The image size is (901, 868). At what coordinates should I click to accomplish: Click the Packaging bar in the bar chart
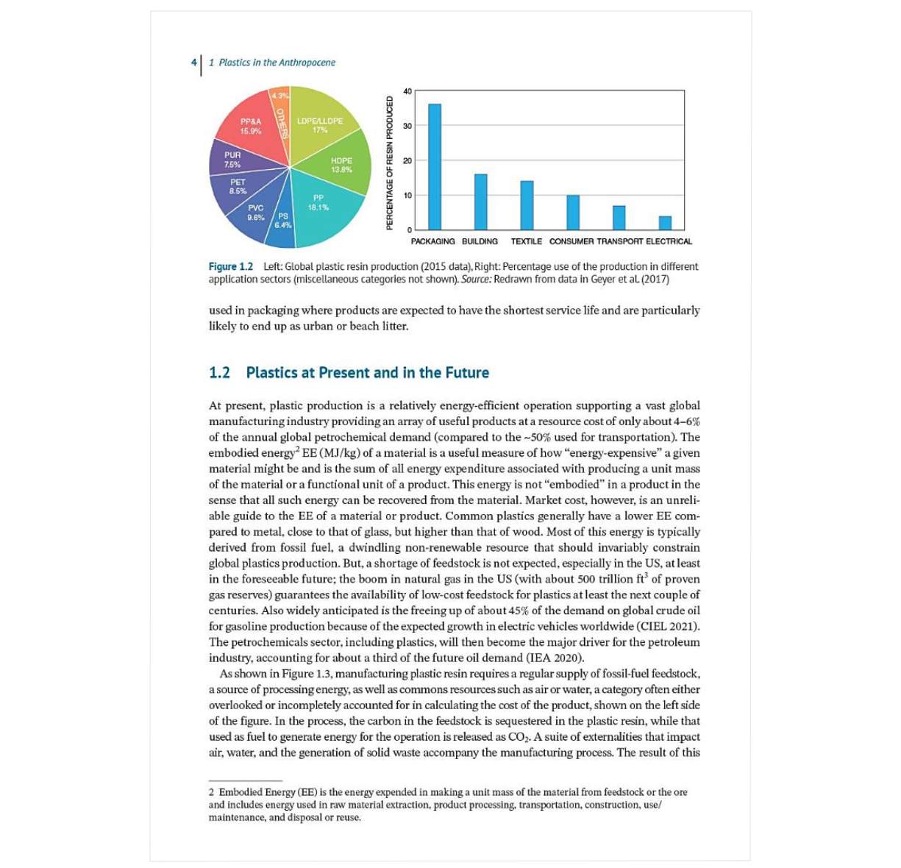pyautogui.click(x=434, y=167)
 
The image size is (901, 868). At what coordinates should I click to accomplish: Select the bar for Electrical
pyautogui.click(x=664, y=223)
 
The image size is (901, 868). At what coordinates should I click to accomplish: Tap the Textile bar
pyautogui.click(x=527, y=205)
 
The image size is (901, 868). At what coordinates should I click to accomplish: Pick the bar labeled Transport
pyautogui.click(x=619, y=218)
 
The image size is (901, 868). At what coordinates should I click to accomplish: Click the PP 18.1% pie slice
pyautogui.click(x=327, y=213)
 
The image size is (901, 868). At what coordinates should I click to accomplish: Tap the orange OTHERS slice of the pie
pyautogui.click(x=280, y=118)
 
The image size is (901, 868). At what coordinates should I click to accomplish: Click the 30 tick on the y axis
pyautogui.click(x=407, y=126)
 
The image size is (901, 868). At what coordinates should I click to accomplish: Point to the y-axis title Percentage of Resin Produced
pyautogui.click(x=390, y=162)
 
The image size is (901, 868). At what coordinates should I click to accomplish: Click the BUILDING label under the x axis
pyautogui.click(x=480, y=241)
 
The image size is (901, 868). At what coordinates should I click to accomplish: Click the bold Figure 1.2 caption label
pyautogui.click(x=230, y=266)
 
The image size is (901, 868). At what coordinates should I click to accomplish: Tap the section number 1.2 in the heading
pyautogui.click(x=219, y=372)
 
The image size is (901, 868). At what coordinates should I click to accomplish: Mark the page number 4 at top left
pyautogui.click(x=193, y=63)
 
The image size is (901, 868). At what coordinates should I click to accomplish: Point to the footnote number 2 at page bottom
pyautogui.click(x=211, y=792)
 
